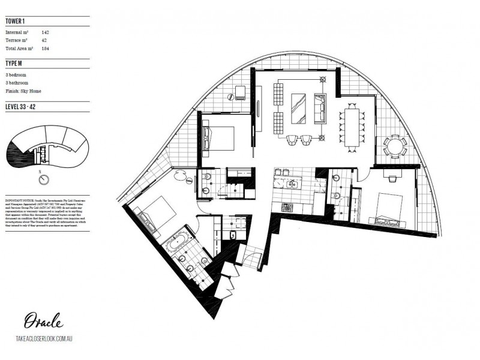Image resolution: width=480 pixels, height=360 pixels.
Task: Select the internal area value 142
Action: click(46, 32)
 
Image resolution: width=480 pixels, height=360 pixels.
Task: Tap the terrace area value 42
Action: click(44, 40)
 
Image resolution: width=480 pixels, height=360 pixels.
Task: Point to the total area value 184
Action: click(46, 49)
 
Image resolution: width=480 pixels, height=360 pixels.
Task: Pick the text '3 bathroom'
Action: click(16, 83)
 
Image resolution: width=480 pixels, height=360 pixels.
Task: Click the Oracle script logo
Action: click(41, 320)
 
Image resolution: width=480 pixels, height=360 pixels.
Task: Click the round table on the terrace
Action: click(394, 145)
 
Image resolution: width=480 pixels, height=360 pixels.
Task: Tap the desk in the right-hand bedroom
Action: click(391, 178)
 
